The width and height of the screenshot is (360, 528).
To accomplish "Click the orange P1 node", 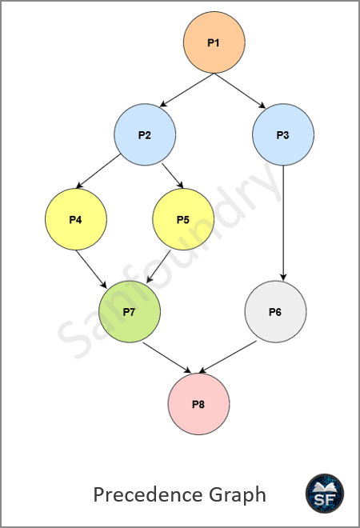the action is pyautogui.click(x=214, y=42).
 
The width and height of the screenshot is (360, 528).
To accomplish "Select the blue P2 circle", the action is pyautogui.click(x=145, y=134).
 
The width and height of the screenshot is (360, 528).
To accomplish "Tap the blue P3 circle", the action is pyautogui.click(x=283, y=134).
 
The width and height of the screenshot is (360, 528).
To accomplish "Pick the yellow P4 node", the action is pyautogui.click(x=76, y=219).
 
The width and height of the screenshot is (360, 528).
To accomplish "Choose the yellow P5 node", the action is pyautogui.click(x=183, y=219).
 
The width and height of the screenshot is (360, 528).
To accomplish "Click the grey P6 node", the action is pyautogui.click(x=275, y=312).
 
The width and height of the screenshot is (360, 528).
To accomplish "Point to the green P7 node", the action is pyautogui.click(x=130, y=312).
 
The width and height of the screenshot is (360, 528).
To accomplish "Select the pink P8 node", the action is pyautogui.click(x=198, y=404).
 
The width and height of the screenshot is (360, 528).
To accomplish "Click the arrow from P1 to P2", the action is pyautogui.click(x=187, y=90).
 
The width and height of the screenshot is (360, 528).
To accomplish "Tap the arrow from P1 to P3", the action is pyautogui.click(x=240, y=90).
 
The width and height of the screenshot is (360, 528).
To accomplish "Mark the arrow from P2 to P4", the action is pyautogui.click(x=98, y=171).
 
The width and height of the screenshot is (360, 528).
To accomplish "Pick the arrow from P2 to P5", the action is pyautogui.click(x=173, y=176).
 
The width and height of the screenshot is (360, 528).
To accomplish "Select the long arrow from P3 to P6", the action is pyautogui.click(x=283, y=223).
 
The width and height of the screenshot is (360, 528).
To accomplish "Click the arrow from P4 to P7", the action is pyautogui.click(x=91, y=269).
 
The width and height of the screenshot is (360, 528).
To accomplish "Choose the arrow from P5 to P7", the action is pyautogui.click(x=158, y=266).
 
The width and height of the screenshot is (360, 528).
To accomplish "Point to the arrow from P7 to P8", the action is pyautogui.click(x=166, y=358).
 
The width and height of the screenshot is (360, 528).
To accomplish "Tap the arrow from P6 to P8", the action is pyautogui.click(x=227, y=357).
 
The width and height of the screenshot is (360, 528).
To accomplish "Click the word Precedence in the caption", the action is pyautogui.click(x=148, y=494).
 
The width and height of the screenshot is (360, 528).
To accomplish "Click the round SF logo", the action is pyautogui.click(x=325, y=494).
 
